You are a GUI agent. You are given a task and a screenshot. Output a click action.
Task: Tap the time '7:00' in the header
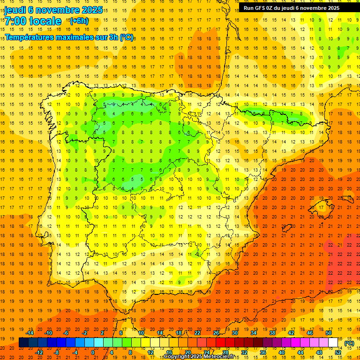click(15, 21)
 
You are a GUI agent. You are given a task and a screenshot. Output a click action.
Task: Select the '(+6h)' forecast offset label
click(78, 21)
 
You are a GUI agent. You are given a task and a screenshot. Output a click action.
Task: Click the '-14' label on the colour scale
click(30, 333)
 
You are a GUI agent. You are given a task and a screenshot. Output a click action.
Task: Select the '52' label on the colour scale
click(338, 352)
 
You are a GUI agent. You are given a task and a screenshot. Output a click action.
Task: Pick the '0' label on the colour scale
click(93, 352)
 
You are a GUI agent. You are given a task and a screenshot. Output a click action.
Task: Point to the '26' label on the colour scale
click(216, 333)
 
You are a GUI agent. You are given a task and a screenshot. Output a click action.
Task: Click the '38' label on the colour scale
click(272, 333)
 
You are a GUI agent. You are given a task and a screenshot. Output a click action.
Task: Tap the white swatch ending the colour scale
click(333, 343)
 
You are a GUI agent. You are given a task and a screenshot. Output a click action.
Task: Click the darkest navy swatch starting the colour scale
click(23, 343)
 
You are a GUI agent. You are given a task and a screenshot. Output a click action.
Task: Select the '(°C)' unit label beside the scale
click(349, 344)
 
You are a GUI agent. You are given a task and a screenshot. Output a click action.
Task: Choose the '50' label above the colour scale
click(329, 333)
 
